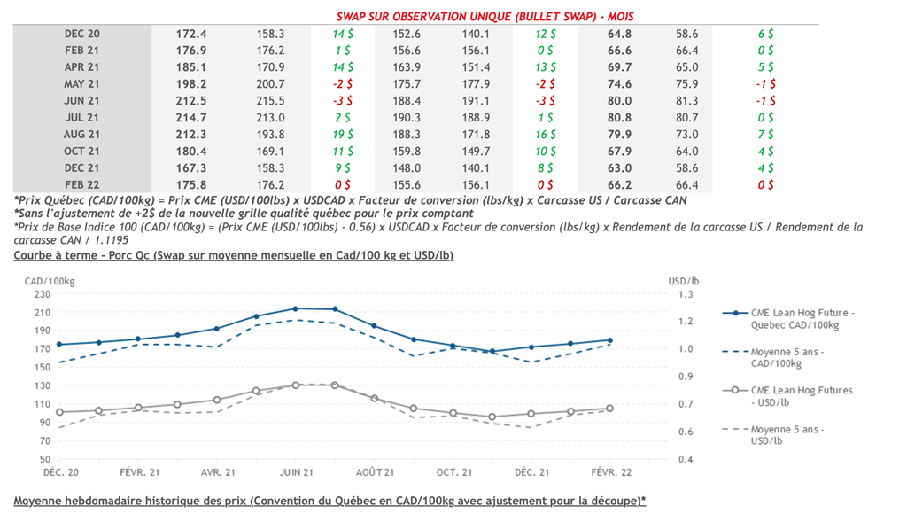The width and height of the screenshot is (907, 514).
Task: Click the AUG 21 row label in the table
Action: pos(82,134)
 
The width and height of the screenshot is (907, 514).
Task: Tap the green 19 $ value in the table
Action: pos(342,134)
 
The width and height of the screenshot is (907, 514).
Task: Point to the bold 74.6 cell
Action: pos(619,83)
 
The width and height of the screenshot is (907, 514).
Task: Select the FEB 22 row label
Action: pos(82,184)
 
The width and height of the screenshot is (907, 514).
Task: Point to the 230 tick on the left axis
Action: pos(41,293)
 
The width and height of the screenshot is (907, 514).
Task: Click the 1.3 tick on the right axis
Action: pos(686,293)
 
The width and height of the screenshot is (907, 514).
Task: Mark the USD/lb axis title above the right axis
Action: pos(683,280)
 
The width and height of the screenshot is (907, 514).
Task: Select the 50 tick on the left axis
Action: pos(44,459)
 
